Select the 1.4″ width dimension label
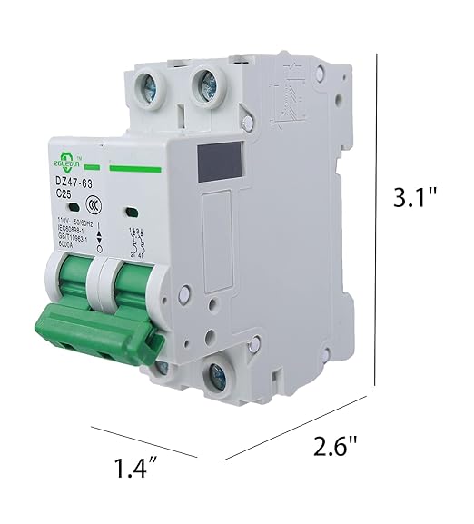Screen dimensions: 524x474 pos(137,469)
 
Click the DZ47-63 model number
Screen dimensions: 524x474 pos(70,184)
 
